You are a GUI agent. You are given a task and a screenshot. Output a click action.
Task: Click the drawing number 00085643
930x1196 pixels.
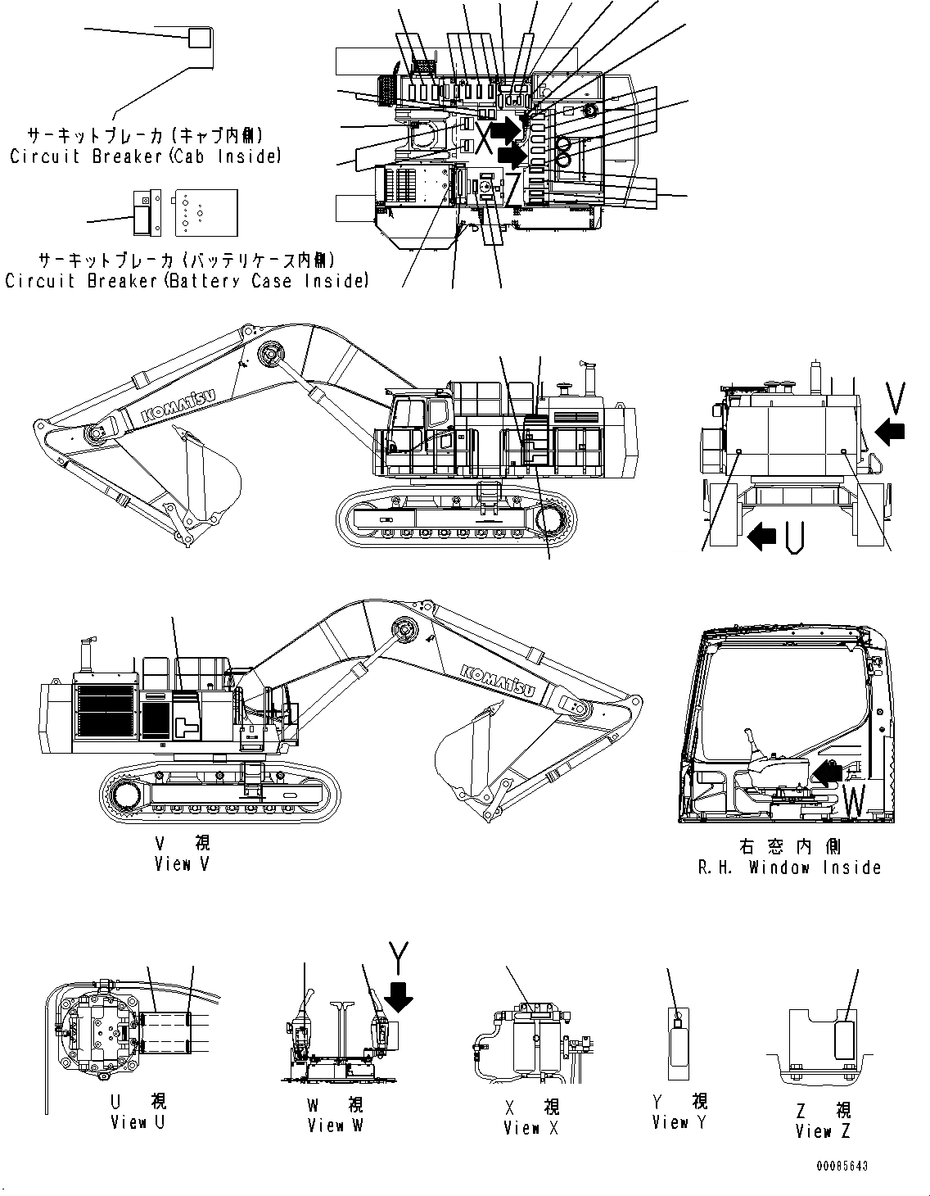pyautogui.click(x=841, y=1166)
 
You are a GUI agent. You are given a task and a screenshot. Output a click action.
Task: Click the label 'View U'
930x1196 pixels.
pyautogui.click(x=138, y=1122)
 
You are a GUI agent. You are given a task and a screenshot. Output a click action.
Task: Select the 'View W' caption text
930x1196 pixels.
pyautogui.click(x=335, y=1126)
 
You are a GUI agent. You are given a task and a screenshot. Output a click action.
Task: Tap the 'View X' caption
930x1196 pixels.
pyautogui.click(x=533, y=1128)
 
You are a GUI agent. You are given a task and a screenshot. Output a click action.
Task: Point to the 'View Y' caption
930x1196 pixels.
pyautogui.click(x=679, y=1122)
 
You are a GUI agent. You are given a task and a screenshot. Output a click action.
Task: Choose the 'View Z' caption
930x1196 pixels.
pyautogui.click(x=824, y=1131)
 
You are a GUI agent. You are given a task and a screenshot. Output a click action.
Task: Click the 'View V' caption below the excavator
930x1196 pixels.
pyautogui.click(x=182, y=863)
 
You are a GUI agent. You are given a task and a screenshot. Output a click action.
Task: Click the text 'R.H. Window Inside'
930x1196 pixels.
pyautogui.click(x=789, y=868)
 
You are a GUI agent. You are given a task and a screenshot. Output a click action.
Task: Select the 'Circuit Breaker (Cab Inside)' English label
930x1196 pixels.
pyautogui.click(x=145, y=156)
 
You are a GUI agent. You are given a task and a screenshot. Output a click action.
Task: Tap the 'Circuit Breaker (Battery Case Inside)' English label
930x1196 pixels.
pyautogui.click(x=186, y=281)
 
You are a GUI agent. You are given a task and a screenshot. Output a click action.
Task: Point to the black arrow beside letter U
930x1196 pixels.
pyautogui.click(x=762, y=537)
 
